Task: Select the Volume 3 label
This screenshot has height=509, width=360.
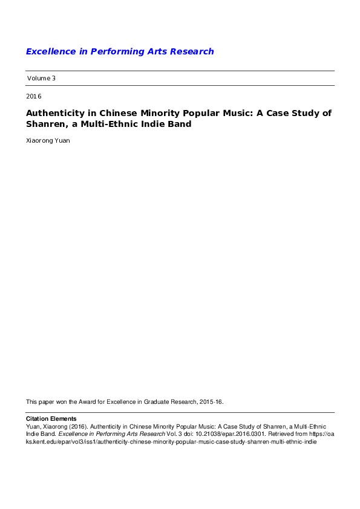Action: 41,78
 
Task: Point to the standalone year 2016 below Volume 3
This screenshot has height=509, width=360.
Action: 34,96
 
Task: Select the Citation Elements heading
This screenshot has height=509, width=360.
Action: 51,418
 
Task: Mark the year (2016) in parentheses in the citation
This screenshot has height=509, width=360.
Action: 77,426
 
